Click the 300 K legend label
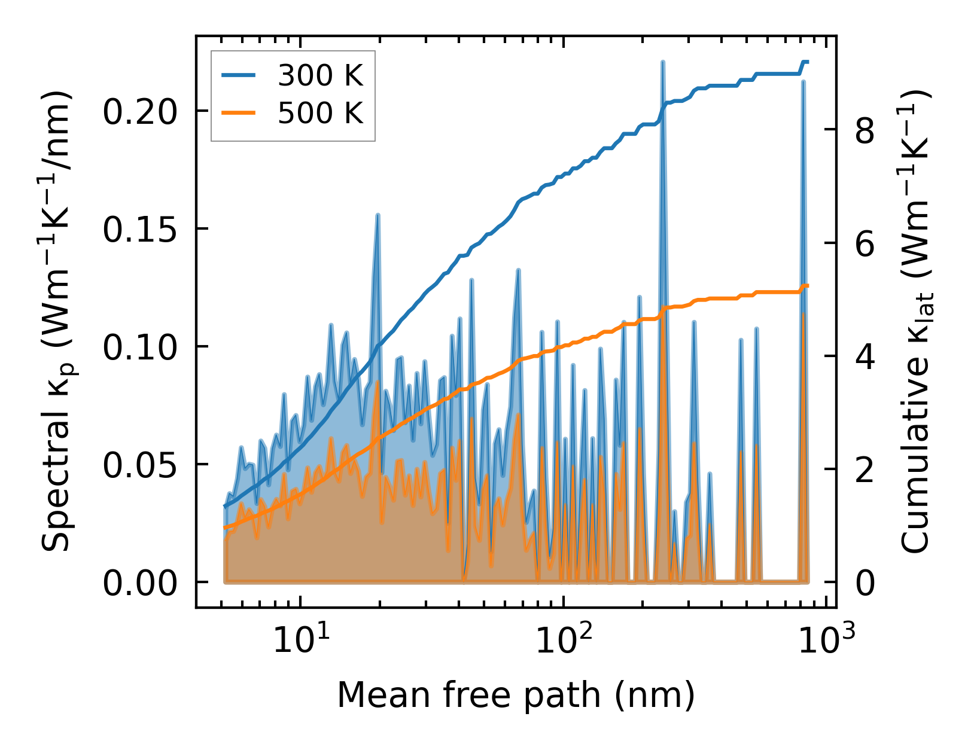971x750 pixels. click(320, 76)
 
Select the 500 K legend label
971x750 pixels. click(320, 112)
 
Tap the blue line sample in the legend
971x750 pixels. click(239, 76)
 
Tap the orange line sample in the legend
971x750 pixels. click(239, 112)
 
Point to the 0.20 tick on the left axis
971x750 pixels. click(140, 111)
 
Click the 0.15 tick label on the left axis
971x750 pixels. click(140, 229)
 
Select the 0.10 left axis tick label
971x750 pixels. click(140, 347)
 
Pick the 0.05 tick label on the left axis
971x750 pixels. click(140, 465)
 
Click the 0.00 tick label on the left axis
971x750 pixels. click(140, 583)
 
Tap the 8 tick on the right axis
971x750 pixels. click(865, 130)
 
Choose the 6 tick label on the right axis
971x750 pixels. click(865, 243)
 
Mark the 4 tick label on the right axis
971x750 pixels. click(865, 356)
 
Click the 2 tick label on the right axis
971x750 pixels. click(865, 469)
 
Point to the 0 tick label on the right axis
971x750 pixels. click(865, 583)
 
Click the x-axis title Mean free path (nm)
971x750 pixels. click(516, 696)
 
